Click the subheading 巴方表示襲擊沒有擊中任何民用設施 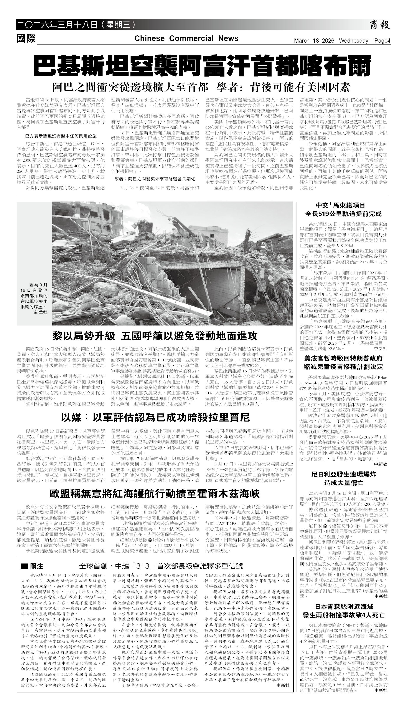[x=61, y=136]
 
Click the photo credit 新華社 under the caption [x=41, y=312]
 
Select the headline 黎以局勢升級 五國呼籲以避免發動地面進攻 [x=155, y=336]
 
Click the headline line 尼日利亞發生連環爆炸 [x=344, y=474]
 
